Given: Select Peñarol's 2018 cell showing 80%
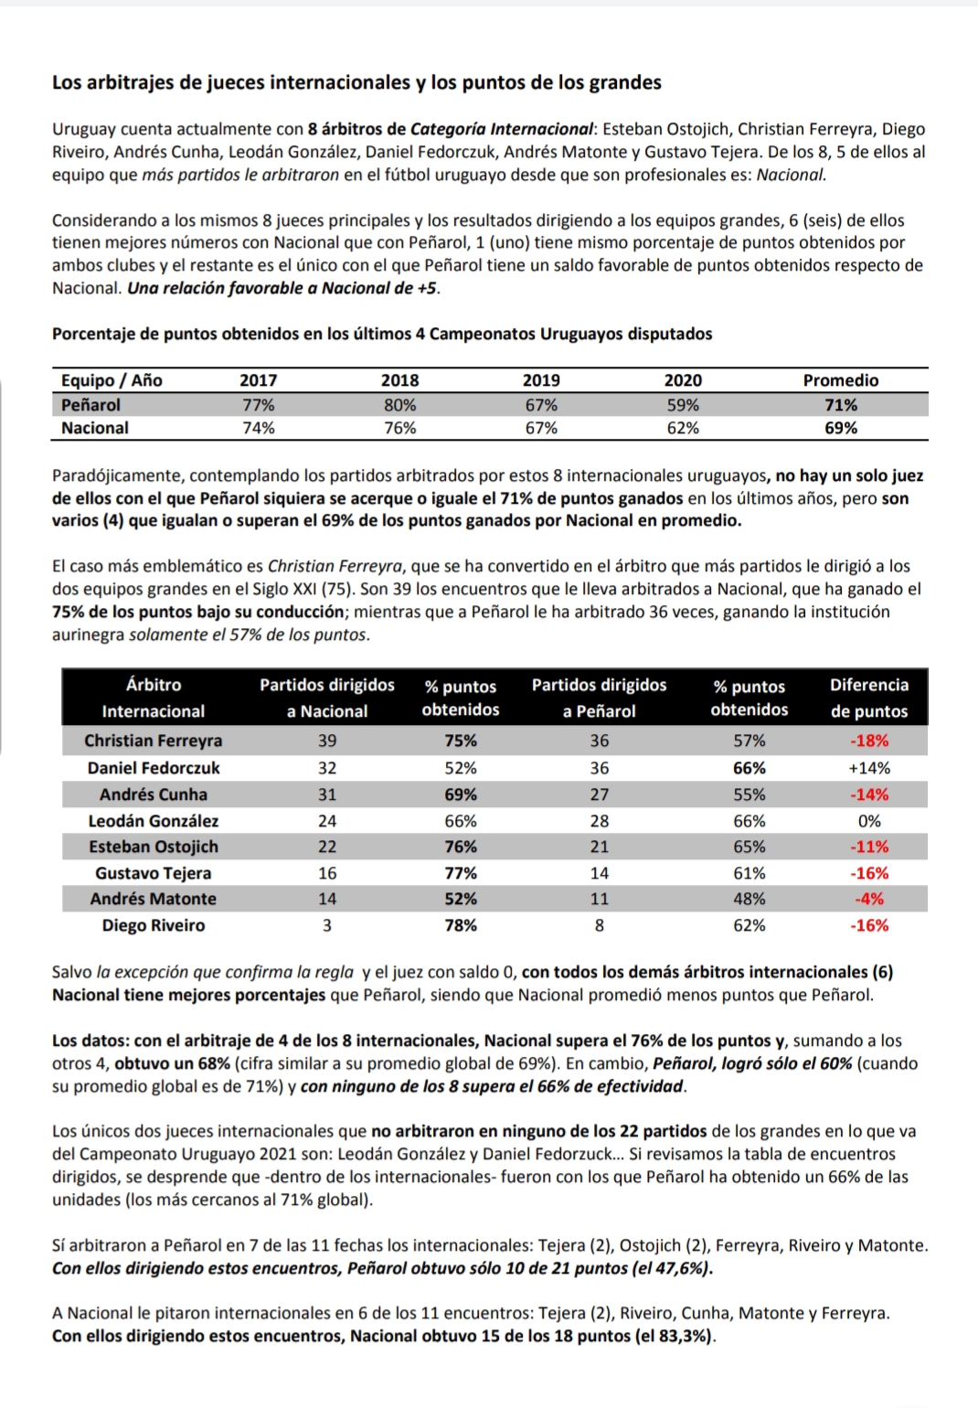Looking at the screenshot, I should (x=399, y=405).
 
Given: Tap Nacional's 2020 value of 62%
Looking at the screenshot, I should (x=683, y=428).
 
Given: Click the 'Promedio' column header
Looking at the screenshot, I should (x=840, y=381).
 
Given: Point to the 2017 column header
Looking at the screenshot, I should (x=258, y=381).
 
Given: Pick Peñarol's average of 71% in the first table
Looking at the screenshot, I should (x=840, y=405).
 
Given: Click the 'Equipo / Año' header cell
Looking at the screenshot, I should (x=112, y=381).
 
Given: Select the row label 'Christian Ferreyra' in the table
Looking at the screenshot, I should (x=154, y=741).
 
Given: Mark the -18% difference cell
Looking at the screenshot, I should (x=869, y=741).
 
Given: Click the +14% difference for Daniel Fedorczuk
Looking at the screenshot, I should (x=869, y=768).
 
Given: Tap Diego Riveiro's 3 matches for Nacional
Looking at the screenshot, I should (x=327, y=925).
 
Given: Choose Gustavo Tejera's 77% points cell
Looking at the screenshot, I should (x=461, y=873).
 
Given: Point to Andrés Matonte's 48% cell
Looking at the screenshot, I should (x=749, y=899).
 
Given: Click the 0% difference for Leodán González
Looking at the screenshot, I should (x=869, y=821).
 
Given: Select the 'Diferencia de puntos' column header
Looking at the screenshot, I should (x=869, y=698).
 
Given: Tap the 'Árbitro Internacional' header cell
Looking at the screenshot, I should (x=154, y=698).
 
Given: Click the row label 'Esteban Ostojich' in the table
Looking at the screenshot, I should (x=154, y=847).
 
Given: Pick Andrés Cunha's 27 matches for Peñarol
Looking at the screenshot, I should (x=599, y=795).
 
